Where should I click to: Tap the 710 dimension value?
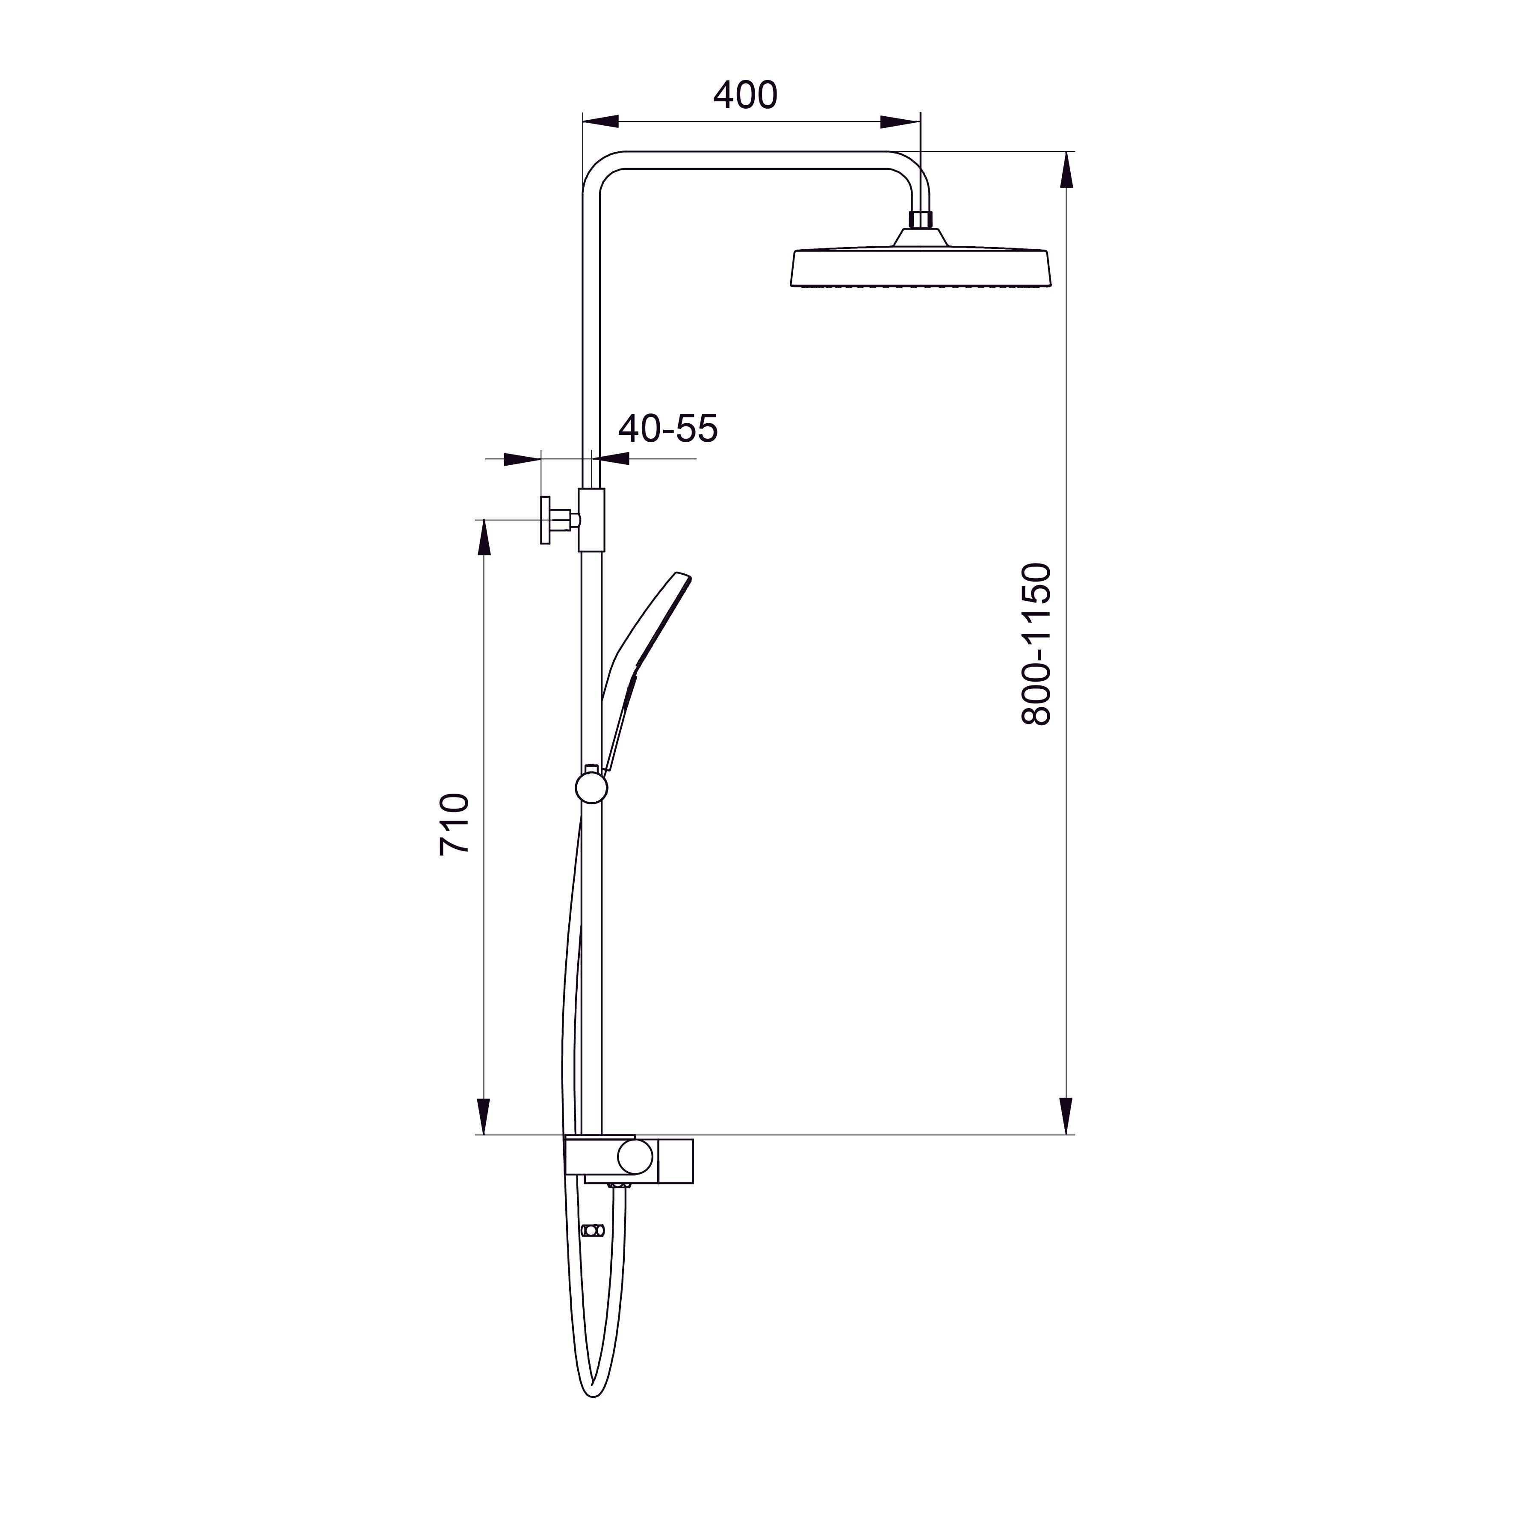[455, 824]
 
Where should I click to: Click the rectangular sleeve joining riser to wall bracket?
[592, 519]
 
